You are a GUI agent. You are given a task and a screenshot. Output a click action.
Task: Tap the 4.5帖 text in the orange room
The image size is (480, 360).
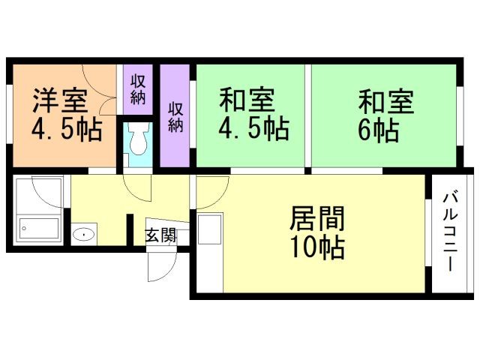(66, 130)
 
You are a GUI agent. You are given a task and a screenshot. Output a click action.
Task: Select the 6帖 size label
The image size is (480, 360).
(379, 130)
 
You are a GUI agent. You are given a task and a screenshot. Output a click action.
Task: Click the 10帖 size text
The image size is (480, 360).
(317, 245)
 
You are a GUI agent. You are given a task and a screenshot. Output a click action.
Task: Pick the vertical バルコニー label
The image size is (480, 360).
(451, 232)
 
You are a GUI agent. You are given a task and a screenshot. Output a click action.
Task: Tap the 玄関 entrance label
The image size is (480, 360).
(160, 235)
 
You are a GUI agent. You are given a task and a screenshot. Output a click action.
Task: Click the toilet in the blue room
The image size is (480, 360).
(138, 139)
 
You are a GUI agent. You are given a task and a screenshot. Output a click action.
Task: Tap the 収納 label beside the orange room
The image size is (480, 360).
(138, 88)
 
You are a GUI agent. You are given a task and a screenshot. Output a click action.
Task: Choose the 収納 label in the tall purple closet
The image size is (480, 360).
(175, 117)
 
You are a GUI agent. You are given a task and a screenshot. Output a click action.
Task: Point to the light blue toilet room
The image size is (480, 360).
(139, 142)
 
